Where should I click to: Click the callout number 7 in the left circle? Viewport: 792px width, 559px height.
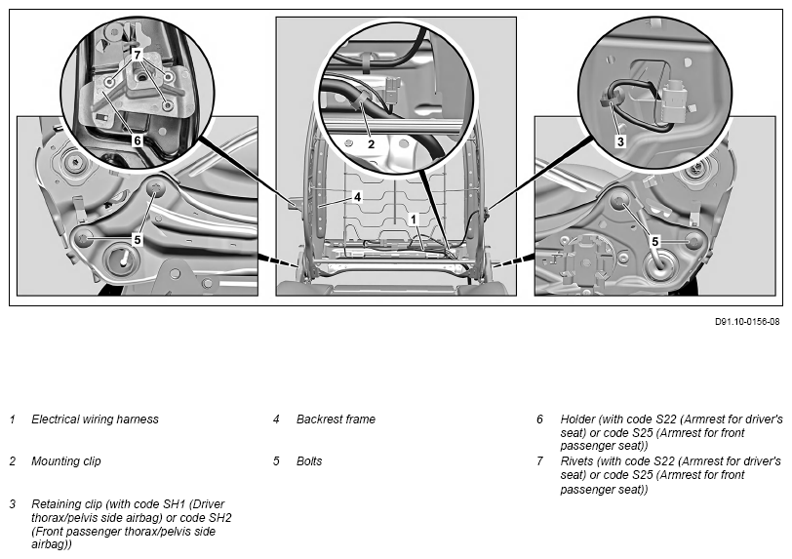tap(138, 54)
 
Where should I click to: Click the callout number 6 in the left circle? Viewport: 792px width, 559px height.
tap(138, 140)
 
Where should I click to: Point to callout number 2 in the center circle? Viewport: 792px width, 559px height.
tap(370, 143)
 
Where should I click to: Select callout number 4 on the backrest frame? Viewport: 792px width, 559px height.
tap(358, 197)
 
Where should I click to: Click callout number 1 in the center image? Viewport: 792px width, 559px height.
tap(414, 220)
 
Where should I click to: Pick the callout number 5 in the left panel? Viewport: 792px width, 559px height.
tap(138, 239)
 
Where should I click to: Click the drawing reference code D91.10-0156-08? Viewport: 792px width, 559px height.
tap(747, 321)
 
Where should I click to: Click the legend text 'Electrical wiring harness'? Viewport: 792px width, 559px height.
tap(95, 419)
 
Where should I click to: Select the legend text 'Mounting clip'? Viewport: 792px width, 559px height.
tap(65, 460)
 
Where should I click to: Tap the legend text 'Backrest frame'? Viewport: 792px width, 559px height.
tap(336, 419)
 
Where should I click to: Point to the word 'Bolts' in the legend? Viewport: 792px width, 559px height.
tap(309, 460)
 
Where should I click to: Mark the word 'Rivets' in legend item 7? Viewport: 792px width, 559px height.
tap(578, 460)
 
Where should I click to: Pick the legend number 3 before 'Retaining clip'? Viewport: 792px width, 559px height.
tap(13, 503)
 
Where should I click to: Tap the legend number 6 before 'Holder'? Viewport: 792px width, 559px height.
tap(539, 419)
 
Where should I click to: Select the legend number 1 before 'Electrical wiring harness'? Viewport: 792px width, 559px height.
tap(13, 419)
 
